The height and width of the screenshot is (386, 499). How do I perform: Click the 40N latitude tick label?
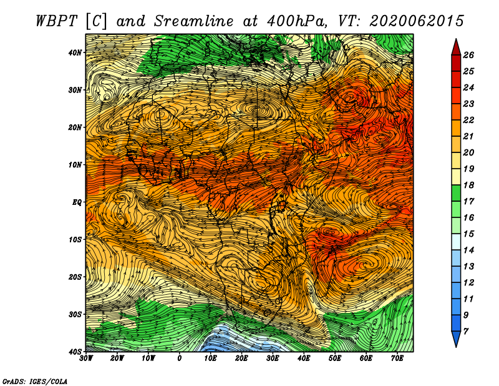76,52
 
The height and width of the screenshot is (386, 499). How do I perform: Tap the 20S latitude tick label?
76,277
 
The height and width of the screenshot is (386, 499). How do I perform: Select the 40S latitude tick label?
76,351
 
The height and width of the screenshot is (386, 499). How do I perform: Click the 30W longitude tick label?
86,359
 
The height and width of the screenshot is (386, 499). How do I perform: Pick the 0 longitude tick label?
180,359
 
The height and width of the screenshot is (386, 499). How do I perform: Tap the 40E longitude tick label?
304,359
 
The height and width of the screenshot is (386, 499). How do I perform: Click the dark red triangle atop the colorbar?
456,46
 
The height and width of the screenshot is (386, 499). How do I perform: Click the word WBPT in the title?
57,21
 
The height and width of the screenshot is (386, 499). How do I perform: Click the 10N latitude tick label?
76,164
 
